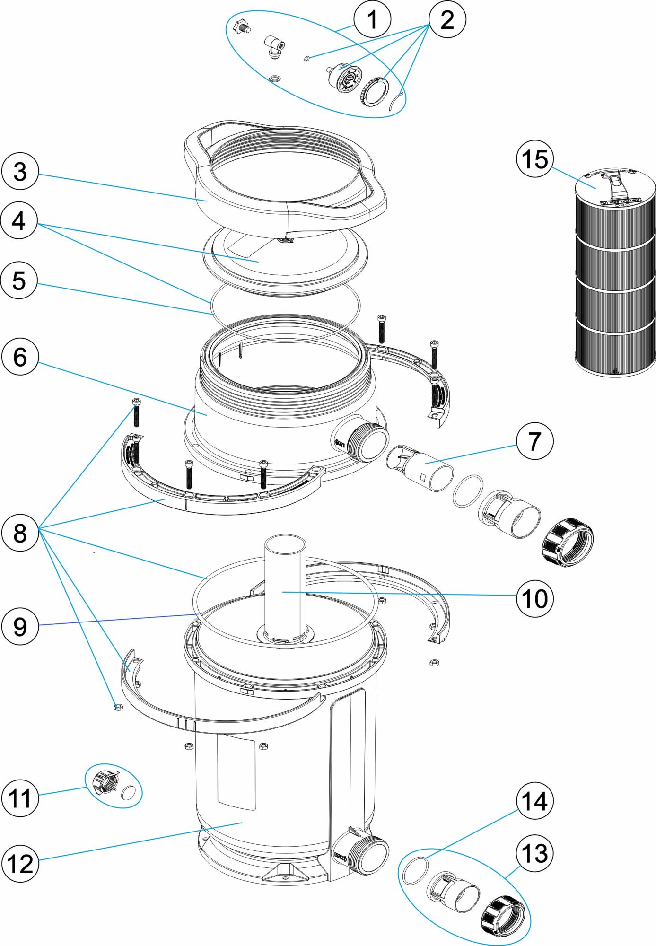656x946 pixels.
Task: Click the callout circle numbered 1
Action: (372, 19)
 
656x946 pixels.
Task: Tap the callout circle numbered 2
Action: (447, 19)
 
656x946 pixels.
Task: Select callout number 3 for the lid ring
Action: (20, 171)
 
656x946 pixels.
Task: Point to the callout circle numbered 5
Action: (19, 280)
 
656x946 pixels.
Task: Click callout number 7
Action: (534, 441)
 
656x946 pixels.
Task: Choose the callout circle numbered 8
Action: (20, 533)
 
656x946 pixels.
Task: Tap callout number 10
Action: (534, 598)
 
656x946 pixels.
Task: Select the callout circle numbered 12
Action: (20, 864)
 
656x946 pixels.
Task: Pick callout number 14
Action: (534, 801)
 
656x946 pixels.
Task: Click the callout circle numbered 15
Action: (534, 159)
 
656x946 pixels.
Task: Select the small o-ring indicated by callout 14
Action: (415, 871)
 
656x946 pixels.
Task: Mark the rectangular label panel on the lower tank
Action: (236, 771)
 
